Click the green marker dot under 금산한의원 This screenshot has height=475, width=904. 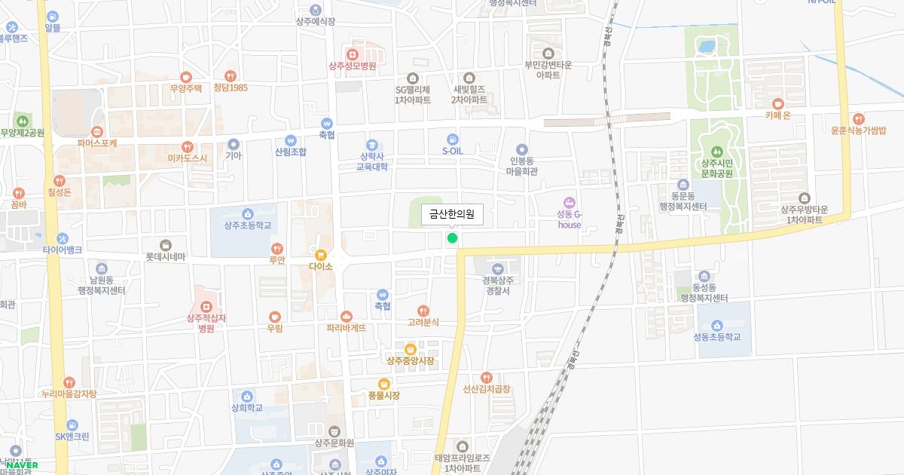[452, 238]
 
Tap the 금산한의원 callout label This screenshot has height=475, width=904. [452, 215]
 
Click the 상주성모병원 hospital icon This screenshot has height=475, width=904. [352, 54]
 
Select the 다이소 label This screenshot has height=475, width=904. [321, 266]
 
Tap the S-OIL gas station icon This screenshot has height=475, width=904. [452, 139]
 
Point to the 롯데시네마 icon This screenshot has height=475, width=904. [166, 245]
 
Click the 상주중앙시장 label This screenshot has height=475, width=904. [410, 360]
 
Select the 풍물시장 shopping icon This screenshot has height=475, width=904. [383, 383]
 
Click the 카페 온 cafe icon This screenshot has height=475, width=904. [777, 103]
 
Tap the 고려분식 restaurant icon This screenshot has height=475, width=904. [423, 311]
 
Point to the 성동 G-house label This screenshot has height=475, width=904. [570, 219]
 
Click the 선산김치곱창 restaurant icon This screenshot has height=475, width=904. [487, 377]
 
